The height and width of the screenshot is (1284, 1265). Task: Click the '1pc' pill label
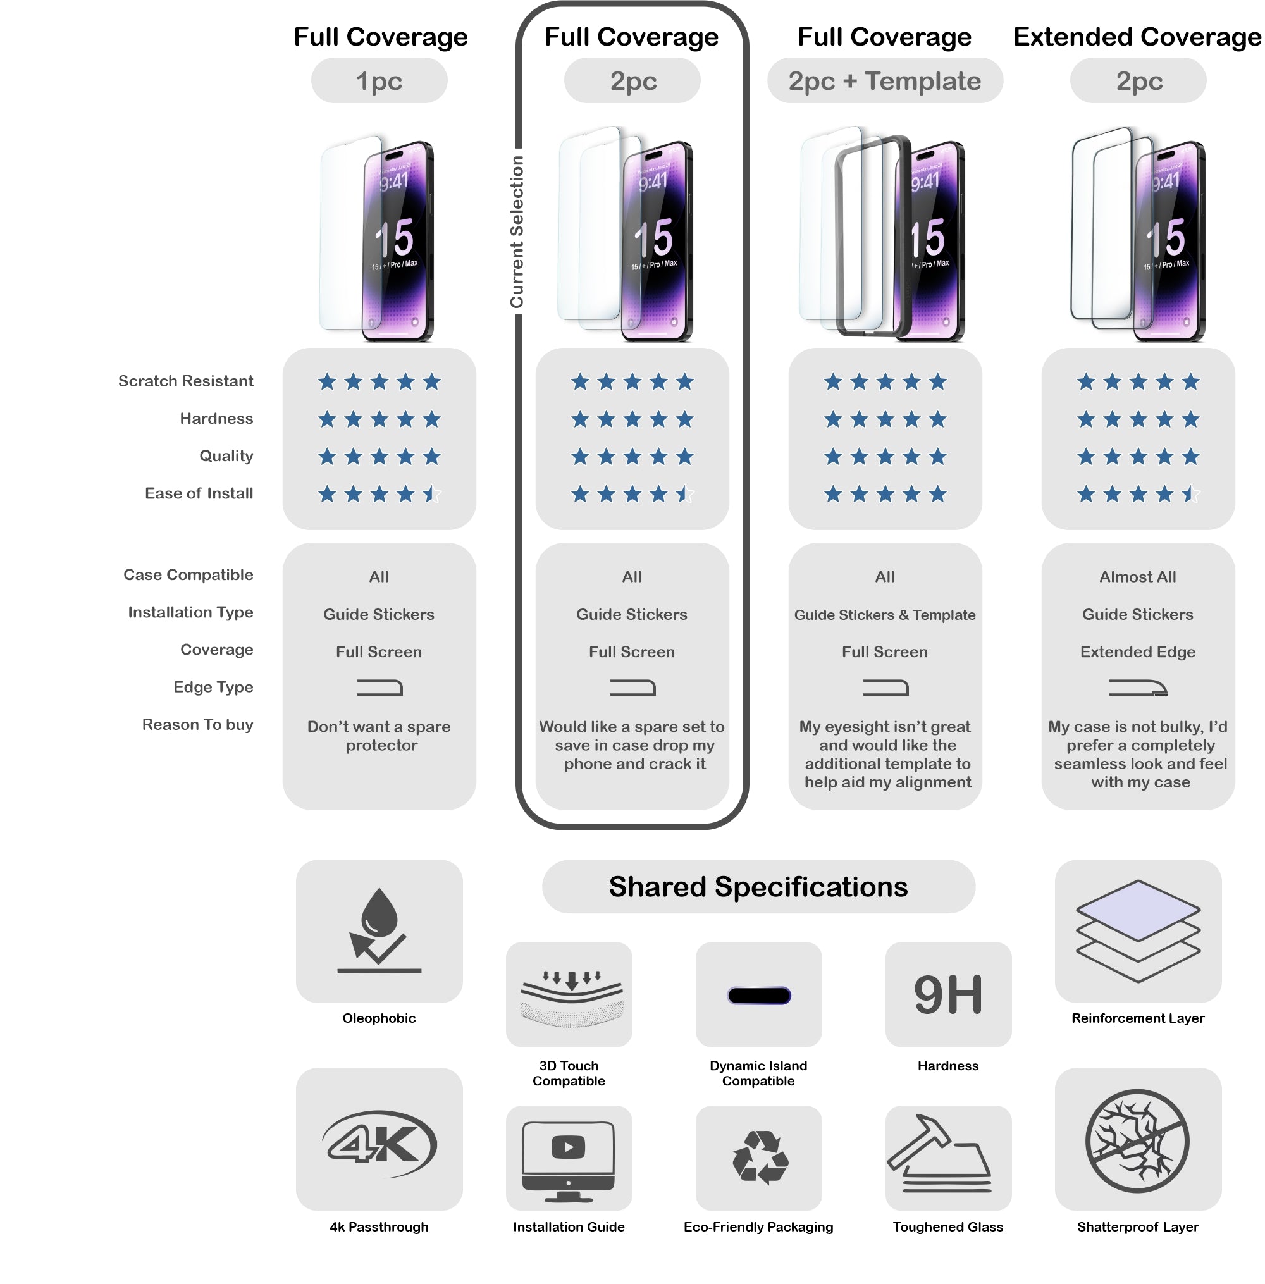point(379,81)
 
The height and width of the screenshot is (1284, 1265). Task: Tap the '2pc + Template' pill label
point(884,81)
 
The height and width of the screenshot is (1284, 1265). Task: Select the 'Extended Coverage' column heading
point(1137,37)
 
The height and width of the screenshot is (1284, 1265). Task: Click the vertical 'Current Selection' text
point(517,232)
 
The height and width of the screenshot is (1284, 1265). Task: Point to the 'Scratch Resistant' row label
point(185,381)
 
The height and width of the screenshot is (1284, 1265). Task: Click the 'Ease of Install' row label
point(199,493)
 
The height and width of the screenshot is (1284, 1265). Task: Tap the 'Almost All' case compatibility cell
point(1137,577)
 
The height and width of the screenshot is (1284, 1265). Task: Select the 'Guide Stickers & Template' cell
point(884,615)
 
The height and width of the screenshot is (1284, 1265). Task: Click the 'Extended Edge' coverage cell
point(1137,652)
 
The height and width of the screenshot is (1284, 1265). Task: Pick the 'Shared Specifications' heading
point(758,887)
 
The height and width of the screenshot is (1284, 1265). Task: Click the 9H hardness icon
point(948,995)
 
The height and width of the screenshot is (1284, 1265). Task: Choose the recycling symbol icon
point(760,1157)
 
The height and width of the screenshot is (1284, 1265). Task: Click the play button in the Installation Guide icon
point(568,1147)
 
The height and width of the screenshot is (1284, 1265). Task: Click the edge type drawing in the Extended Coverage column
point(1137,688)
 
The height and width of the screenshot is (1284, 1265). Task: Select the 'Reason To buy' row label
point(197,725)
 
